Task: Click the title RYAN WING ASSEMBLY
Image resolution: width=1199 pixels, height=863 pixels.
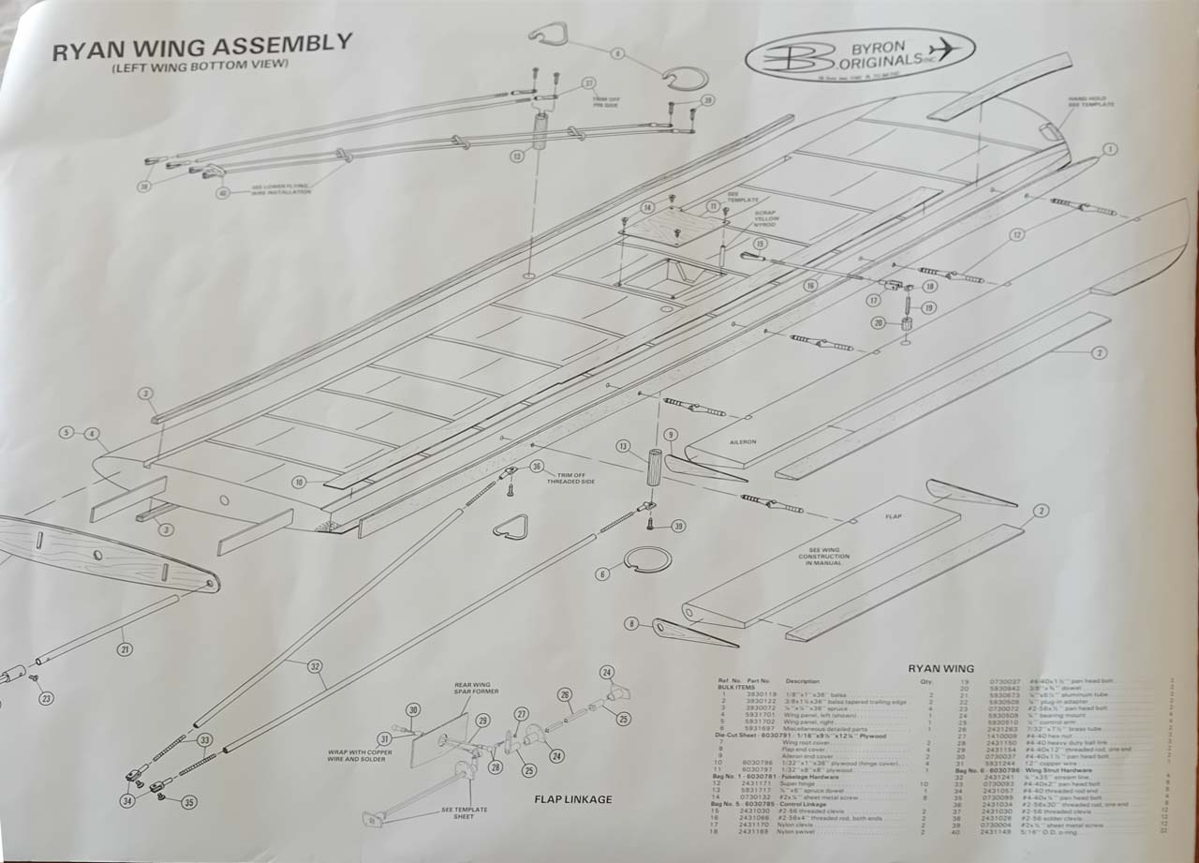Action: pos(202,47)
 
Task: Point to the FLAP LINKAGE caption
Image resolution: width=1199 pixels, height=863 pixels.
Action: pos(574,799)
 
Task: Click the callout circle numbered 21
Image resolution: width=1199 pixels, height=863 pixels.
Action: pos(125,647)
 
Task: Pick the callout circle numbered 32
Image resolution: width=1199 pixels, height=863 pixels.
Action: pos(315,666)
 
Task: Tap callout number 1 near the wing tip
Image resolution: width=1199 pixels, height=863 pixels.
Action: pos(1110,149)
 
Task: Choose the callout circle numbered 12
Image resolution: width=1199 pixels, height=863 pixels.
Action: pos(1016,234)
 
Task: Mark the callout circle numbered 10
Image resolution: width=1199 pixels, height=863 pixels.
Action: pos(298,482)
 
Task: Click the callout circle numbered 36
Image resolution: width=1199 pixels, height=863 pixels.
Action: pos(536,466)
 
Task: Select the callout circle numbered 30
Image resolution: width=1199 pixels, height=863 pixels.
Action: pos(413,710)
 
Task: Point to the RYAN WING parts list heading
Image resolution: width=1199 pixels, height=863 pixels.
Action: pos(940,668)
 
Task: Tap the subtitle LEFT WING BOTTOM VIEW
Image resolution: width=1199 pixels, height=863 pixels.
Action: pos(199,66)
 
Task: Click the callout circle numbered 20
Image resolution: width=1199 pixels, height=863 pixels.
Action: pos(879,323)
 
